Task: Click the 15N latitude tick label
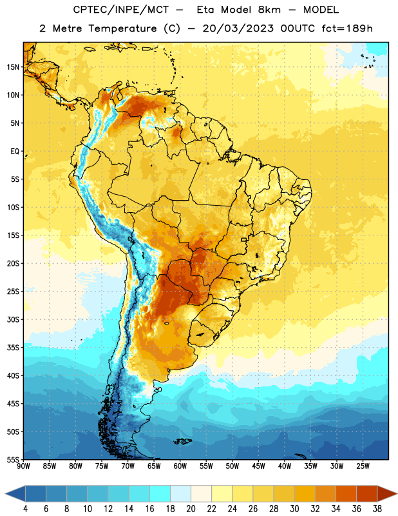click(13, 67)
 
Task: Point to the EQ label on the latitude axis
click(15, 152)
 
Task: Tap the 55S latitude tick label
click(13, 459)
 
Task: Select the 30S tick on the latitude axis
click(13, 319)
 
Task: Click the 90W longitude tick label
click(23, 466)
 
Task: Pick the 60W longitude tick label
click(180, 466)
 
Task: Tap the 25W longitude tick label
click(363, 466)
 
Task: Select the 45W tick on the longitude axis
click(258, 466)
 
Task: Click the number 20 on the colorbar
click(191, 509)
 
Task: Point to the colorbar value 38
click(377, 509)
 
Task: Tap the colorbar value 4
click(25, 509)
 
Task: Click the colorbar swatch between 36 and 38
click(367, 493)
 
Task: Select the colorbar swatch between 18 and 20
click(181, 493)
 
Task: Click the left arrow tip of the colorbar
click(5, 493)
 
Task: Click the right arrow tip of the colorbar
click(397, 493)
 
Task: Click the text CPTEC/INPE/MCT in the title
click(120, 10)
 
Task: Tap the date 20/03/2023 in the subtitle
click(238, 28)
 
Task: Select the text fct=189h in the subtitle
click(347, 28)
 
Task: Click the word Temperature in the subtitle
click(122, 29)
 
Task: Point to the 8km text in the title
click(269, 10)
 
